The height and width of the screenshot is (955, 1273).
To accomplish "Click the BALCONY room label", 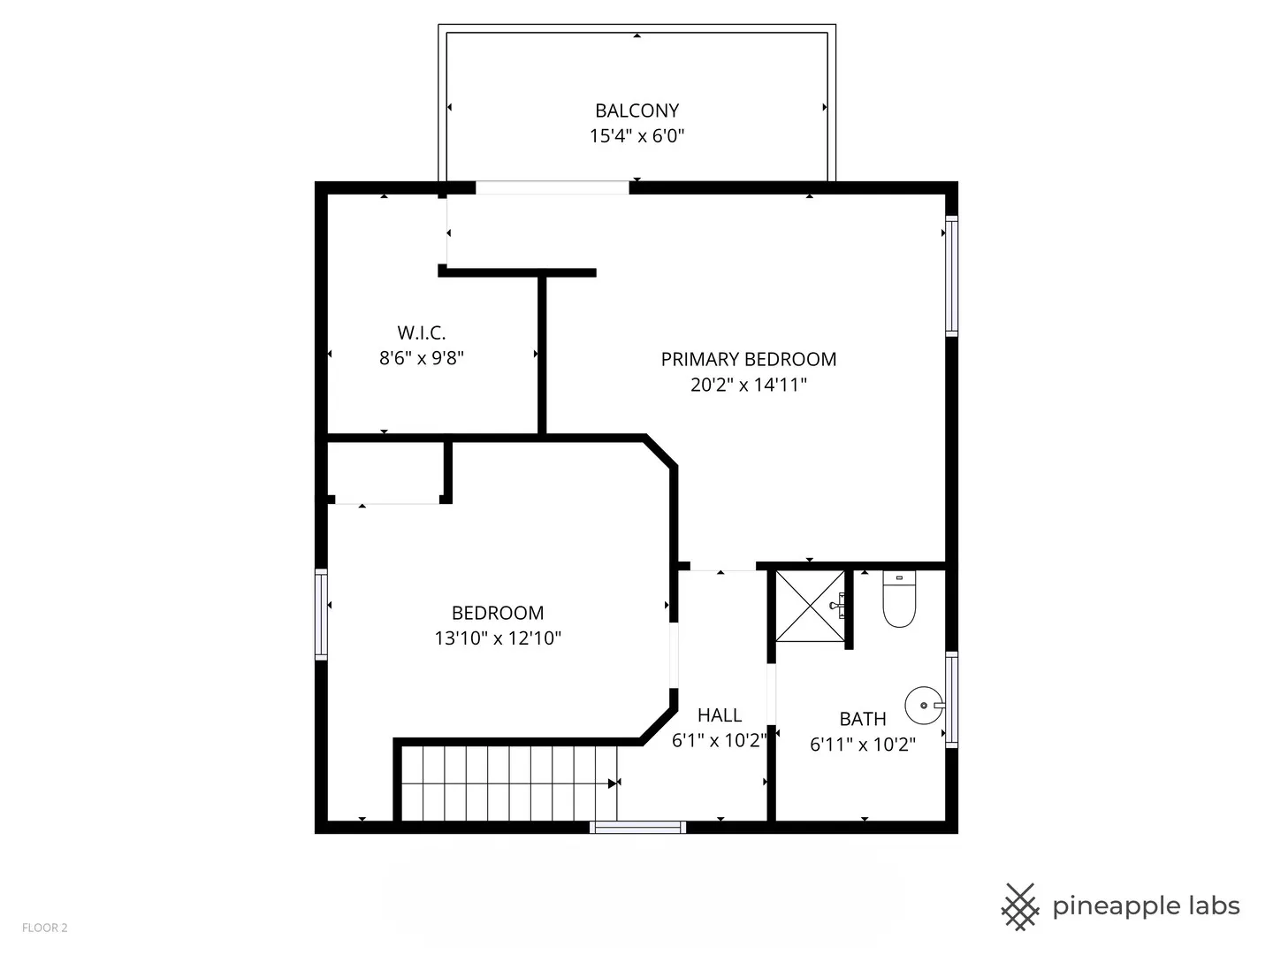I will (636, 111).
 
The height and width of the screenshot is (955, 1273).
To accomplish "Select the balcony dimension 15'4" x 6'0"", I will (636, 135).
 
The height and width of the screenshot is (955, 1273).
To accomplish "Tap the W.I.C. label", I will (421, 332).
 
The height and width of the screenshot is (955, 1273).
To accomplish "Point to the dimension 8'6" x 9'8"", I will (421, 357).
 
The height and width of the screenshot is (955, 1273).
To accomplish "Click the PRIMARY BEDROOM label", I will (748, 359).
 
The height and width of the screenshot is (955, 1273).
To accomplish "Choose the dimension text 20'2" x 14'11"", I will (748, 384).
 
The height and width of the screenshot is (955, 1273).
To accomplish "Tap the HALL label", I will (719, 714).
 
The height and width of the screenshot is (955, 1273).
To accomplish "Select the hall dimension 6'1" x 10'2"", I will (719, 740).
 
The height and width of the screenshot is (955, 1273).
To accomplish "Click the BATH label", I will (862, 719).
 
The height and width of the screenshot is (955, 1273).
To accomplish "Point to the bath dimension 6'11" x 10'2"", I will (862, 744).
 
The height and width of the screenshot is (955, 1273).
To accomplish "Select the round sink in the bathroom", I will (923, 706).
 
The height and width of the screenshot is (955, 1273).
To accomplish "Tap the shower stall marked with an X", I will (809, 606).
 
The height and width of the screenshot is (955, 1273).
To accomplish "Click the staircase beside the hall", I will (509, 783).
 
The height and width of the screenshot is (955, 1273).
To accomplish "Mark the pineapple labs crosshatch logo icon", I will (1020, 906).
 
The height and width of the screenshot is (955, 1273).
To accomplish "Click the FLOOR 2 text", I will (44, 928).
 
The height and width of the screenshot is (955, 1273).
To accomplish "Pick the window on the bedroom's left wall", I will (321, 615).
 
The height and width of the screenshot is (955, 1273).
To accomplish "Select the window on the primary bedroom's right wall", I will (951, 275).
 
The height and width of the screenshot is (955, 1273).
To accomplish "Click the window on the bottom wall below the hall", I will (637, 827).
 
